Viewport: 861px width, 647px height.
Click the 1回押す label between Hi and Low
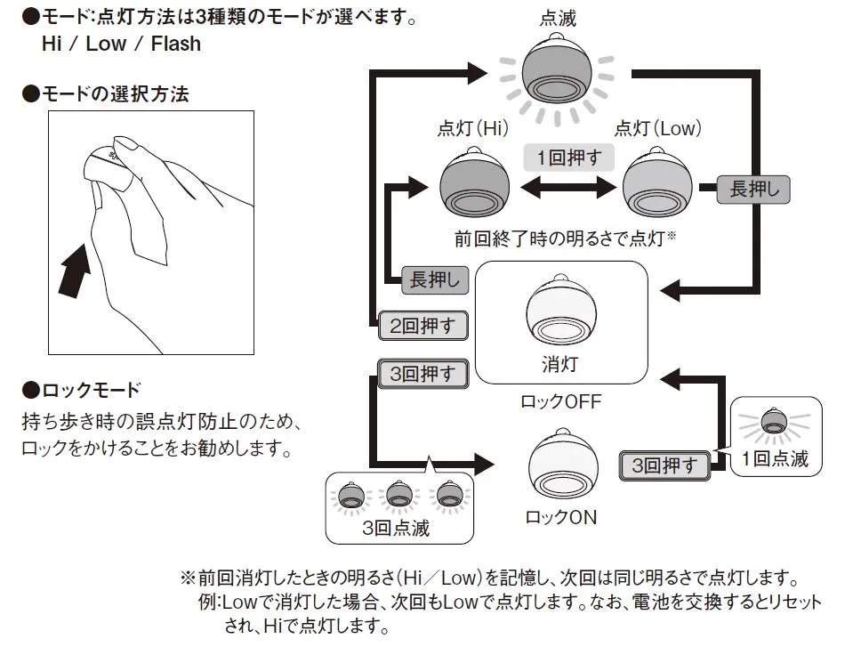569,158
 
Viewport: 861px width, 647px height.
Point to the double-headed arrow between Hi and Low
568,188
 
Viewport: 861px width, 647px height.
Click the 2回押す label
423,326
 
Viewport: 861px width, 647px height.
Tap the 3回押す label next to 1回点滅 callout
664,465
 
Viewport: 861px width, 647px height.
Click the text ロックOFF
561,401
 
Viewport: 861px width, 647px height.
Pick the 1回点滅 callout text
775,460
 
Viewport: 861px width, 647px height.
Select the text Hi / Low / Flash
121,44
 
